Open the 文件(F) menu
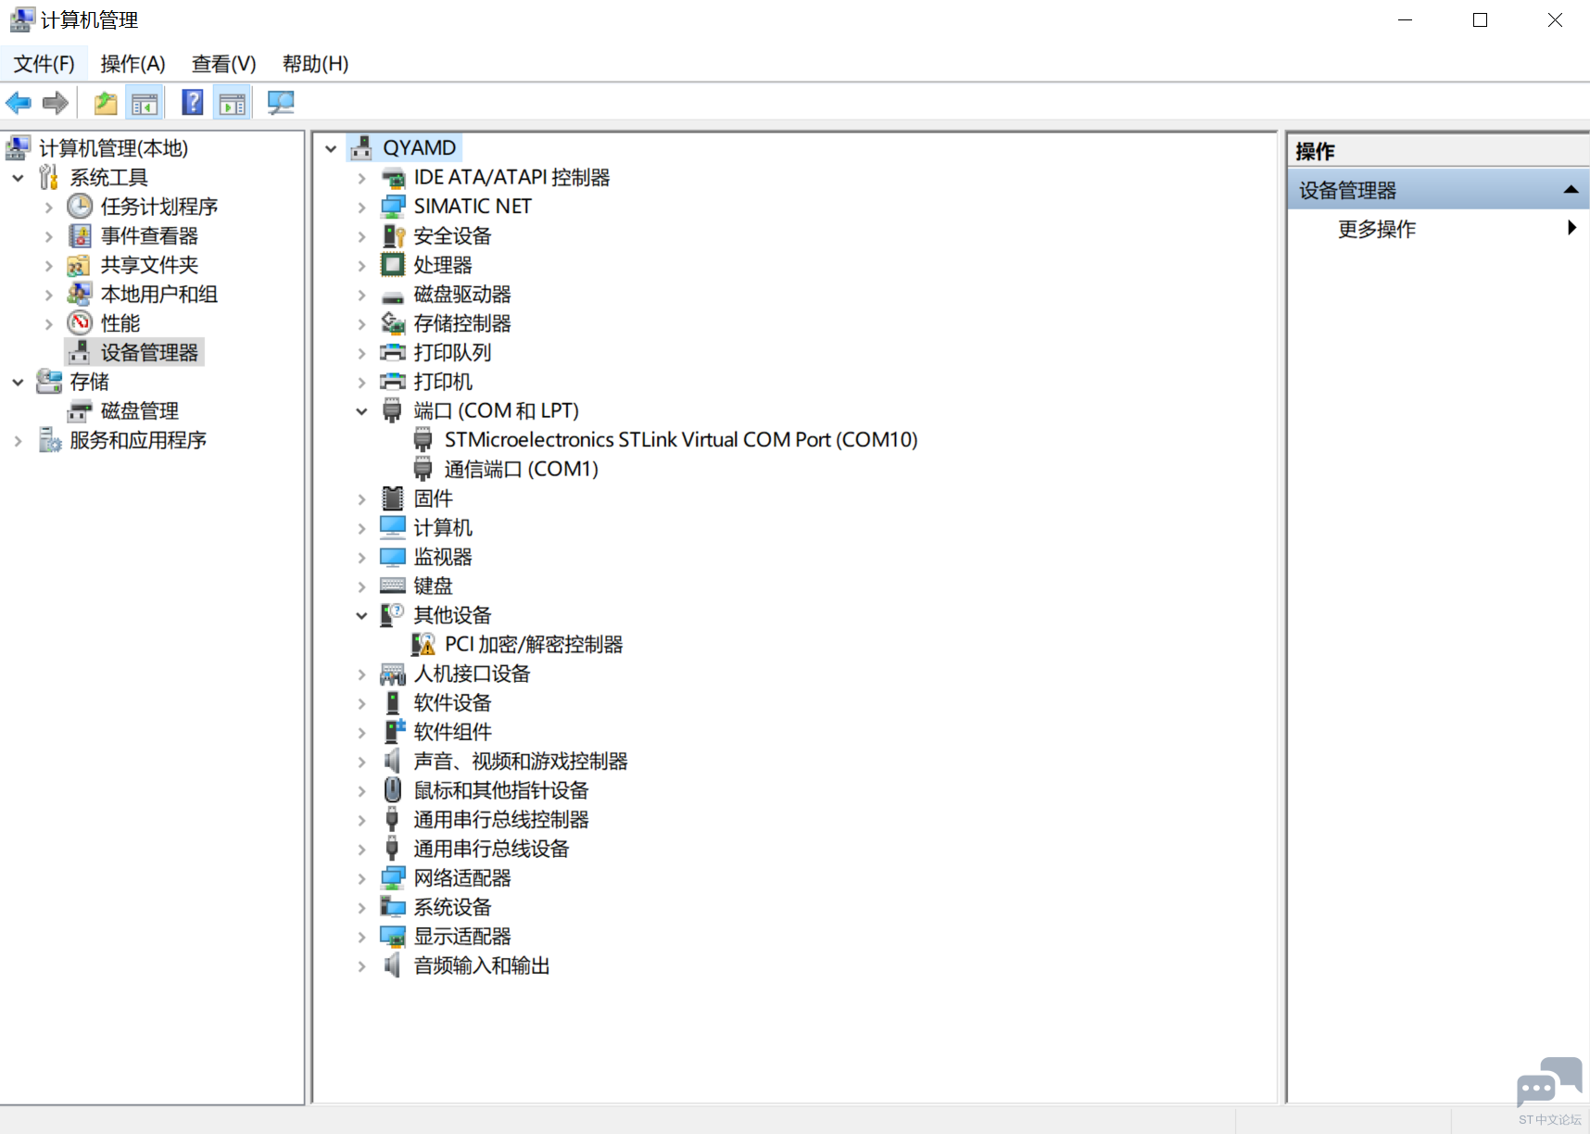point(44,64)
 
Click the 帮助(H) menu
point(315,64)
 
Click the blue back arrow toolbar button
point(19,103)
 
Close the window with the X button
point(1555,20)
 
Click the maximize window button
point(1480,20)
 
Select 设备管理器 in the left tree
point(149,353)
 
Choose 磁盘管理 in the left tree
point(139,411)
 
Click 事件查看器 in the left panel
point(149,236)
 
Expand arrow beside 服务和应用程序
point(18,441)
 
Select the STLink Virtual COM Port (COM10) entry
point(681,440)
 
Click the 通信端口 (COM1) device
point(521,470)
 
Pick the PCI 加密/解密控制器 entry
point(534,645)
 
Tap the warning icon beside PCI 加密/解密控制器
point(423,645)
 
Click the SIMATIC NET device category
point(473,207)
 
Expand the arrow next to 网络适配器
point(361,878)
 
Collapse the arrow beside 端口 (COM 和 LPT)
point(361,411)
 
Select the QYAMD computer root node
point(419,148)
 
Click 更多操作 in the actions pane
point(1377,230)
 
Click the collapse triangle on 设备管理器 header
point(1571,190)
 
